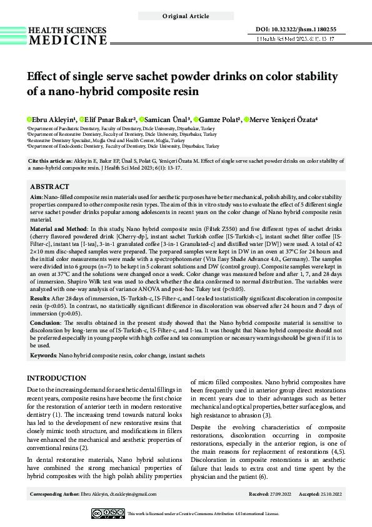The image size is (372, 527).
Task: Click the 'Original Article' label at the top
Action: [185, 16]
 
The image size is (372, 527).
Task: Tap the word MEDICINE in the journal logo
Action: [68, 41]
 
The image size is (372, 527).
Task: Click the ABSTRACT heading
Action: [49, 187]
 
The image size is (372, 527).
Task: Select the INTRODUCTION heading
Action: [57, 378]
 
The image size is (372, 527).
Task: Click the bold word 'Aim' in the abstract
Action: [37, 197]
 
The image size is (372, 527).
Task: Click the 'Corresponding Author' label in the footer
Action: [54, 494]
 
